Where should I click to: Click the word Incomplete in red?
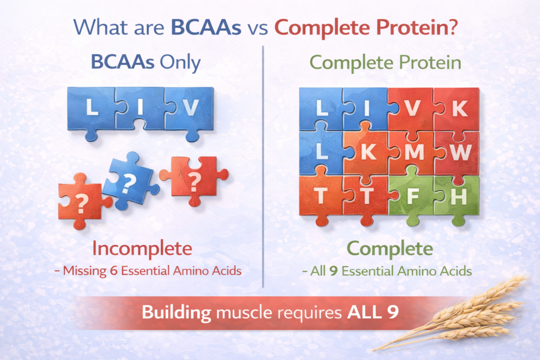(x=142, y=248)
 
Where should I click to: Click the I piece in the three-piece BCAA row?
(x=139, y=108)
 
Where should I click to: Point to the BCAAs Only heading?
(x=146, y=62)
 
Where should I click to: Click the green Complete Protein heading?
(x=385, y=63)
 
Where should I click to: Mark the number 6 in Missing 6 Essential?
(x=114, y=271)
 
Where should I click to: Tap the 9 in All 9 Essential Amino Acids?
(x=333, y=271)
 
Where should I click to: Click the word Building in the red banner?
(x=176, y=313)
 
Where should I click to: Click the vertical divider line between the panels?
(x=263, y=167)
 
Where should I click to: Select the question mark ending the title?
(x=452, y=27)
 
